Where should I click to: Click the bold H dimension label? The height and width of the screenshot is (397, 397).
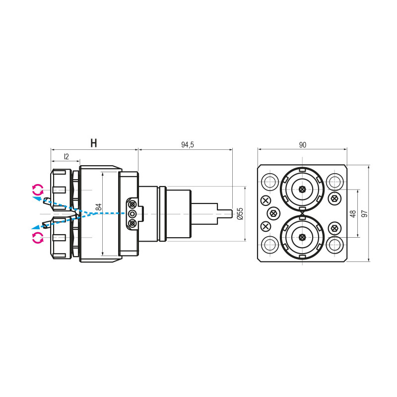point(93,143)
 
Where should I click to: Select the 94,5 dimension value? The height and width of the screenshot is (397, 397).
point(187,144)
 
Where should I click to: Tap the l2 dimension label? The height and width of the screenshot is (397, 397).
point(66,156)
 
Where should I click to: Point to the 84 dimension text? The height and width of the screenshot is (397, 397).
point(99,207)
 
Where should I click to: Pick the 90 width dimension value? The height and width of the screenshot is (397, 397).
point(303,145)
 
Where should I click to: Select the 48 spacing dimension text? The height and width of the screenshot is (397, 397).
point(353,213)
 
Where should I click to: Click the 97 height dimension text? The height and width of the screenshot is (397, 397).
point(364,213)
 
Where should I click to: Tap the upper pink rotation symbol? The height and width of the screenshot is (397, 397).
point(38,189)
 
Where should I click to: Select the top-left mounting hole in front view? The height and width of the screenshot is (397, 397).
point(270,181)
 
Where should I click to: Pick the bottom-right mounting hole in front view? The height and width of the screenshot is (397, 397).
point(335,245)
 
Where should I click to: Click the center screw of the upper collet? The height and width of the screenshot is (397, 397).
point(302,189)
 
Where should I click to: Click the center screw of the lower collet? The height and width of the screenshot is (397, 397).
point(302,237)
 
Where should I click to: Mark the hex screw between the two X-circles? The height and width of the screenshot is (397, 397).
point(273,213)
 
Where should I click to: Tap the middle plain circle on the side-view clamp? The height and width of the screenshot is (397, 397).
point(132,213)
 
